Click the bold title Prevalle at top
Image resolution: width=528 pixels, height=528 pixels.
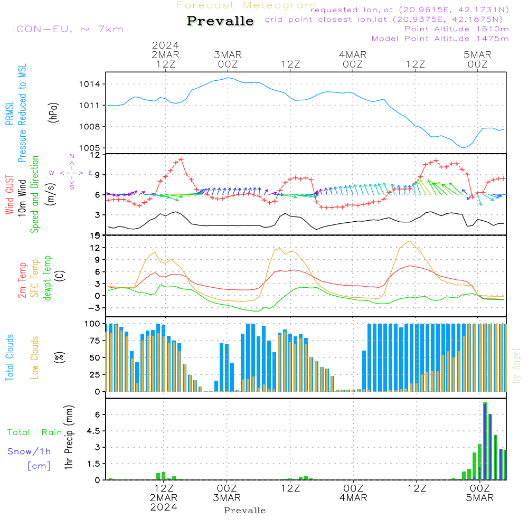[x=220, y=21]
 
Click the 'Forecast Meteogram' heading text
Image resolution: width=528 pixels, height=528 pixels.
[x=246, y=5]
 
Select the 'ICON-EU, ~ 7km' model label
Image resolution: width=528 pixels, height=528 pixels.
[x=68, y=29]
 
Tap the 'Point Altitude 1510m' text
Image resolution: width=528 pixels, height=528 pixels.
[x=456, y=29]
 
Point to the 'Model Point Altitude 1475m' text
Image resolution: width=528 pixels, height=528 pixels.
[x=440, y=39]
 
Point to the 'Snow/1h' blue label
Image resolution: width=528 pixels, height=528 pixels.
[x=29, y=451]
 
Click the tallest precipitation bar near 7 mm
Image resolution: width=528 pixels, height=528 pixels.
[x=485, y=441]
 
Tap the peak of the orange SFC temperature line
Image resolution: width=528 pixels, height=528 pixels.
[x=410, y=241]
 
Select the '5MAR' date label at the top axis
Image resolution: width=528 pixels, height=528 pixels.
[x=478, y=55]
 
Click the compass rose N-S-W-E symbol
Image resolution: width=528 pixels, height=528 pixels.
[x=72, y=173]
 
